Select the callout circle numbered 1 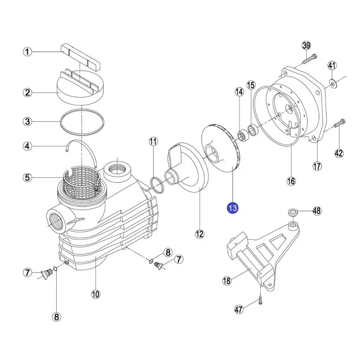(28, 53)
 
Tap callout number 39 (306, 45)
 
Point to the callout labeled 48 (317, 211)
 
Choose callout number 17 (317, 166)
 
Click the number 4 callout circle (28, 146)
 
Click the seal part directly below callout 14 (242, 135)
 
